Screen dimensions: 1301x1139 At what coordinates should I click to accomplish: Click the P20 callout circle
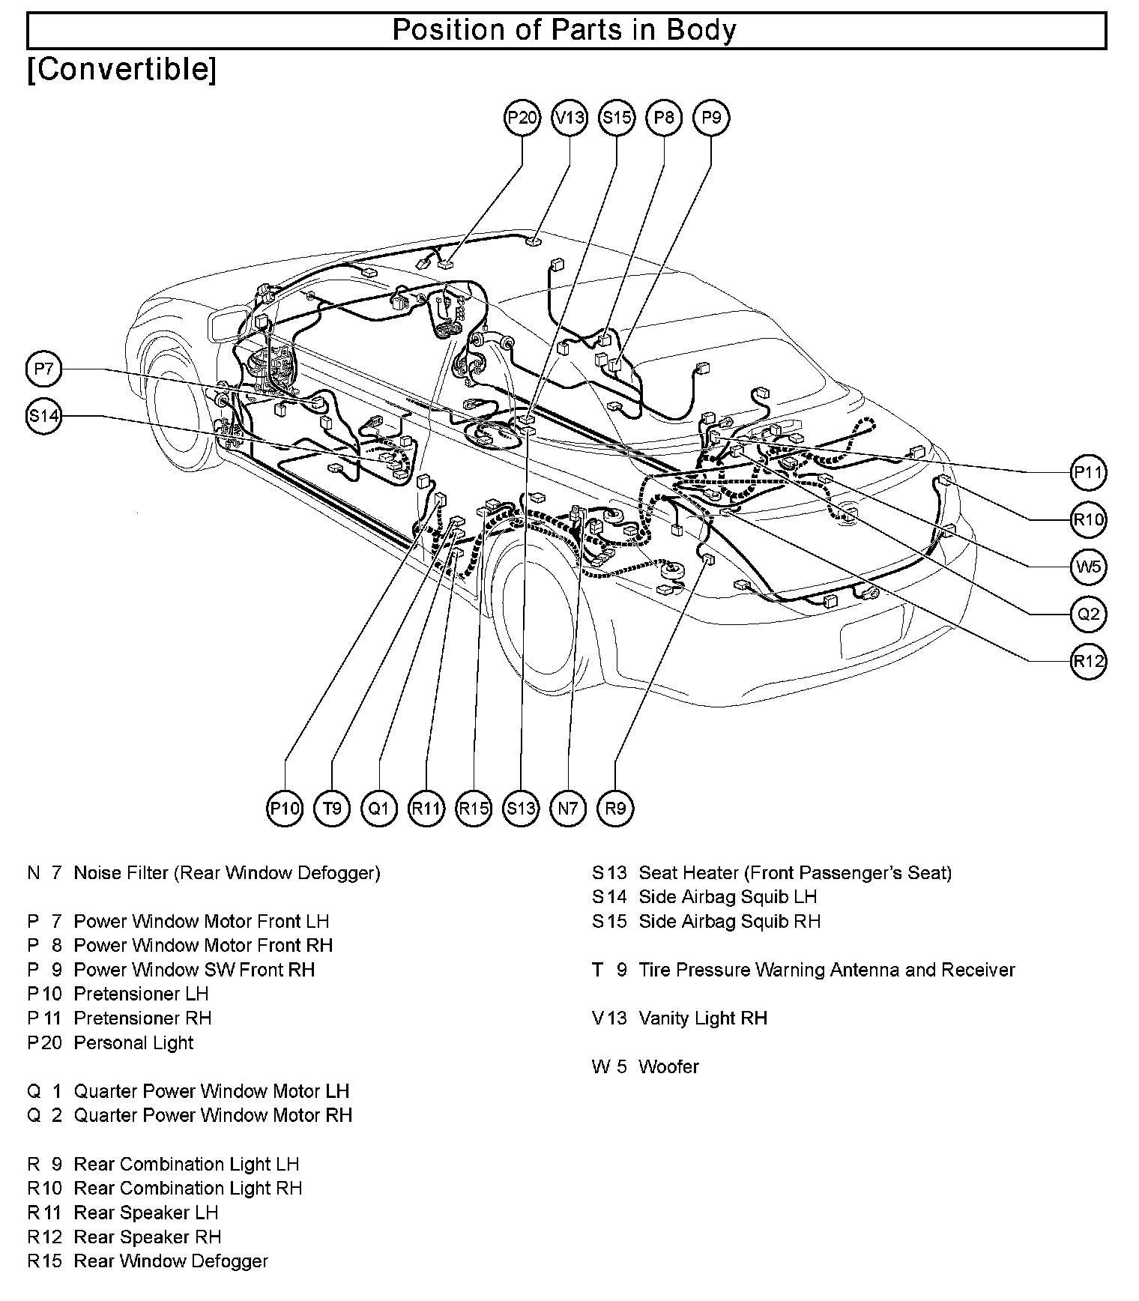522,118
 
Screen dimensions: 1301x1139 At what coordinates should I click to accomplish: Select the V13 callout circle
569,118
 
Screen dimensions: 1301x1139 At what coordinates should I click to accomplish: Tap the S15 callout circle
617,118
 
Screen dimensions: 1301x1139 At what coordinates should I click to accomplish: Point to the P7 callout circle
44,369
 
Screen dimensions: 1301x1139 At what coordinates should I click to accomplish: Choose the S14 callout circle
44,416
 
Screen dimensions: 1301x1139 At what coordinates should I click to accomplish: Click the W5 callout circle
1088,567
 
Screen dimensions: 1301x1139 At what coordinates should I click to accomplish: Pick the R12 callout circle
1088,661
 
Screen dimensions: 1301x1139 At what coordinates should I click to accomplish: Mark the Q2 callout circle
1088,614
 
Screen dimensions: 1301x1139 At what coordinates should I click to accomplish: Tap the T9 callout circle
332,808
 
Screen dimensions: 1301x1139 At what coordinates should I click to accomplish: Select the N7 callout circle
568,808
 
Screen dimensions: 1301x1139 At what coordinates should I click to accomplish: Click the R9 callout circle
615,808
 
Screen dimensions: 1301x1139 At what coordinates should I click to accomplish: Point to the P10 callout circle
285,808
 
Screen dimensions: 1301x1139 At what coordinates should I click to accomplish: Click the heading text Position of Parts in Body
565,30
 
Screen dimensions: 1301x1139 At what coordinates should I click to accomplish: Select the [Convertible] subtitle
122,69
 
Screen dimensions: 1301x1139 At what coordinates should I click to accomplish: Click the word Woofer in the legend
668,1066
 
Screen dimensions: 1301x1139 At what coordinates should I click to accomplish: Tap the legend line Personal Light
133,1042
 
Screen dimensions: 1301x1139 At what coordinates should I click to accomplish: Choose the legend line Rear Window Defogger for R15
171,1261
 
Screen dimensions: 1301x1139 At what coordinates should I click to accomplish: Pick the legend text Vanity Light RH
703,1018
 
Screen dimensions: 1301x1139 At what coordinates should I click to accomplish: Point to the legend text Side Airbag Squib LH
727,896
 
